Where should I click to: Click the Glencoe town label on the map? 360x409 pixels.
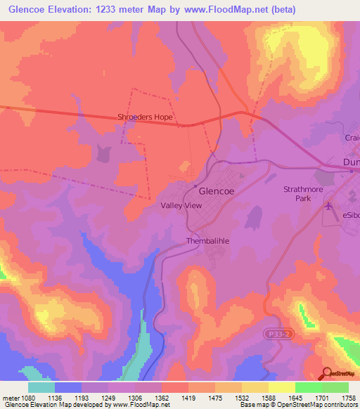pos(219,190)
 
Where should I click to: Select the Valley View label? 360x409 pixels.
pos(181,206)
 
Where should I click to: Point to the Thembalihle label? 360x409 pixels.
pos(209,241)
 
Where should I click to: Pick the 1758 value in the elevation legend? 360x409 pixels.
pos(348,397)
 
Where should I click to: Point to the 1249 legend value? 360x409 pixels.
pos(108,397)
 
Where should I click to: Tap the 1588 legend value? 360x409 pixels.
pos(268,397)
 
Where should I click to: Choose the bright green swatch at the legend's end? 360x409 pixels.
pos(335,387)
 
